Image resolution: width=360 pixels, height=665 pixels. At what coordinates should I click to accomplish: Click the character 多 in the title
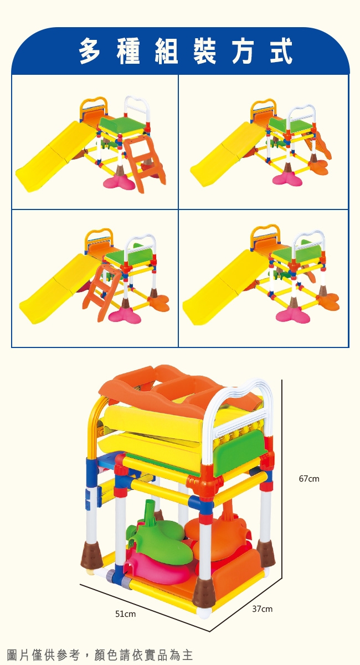(x=90, y=51)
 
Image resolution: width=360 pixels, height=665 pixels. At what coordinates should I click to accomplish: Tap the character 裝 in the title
(x=204, y=51)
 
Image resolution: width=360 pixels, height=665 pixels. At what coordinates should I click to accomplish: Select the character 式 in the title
(x=281, y=51)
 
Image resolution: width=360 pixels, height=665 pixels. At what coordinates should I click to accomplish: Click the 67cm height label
(x=309, y=479)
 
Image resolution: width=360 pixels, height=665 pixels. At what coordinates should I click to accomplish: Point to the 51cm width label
(x=125, y=613)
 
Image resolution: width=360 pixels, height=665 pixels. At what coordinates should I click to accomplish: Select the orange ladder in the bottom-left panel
(x=101, y=292)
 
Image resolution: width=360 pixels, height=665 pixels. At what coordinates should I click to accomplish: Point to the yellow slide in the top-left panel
(x=55, y=156)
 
